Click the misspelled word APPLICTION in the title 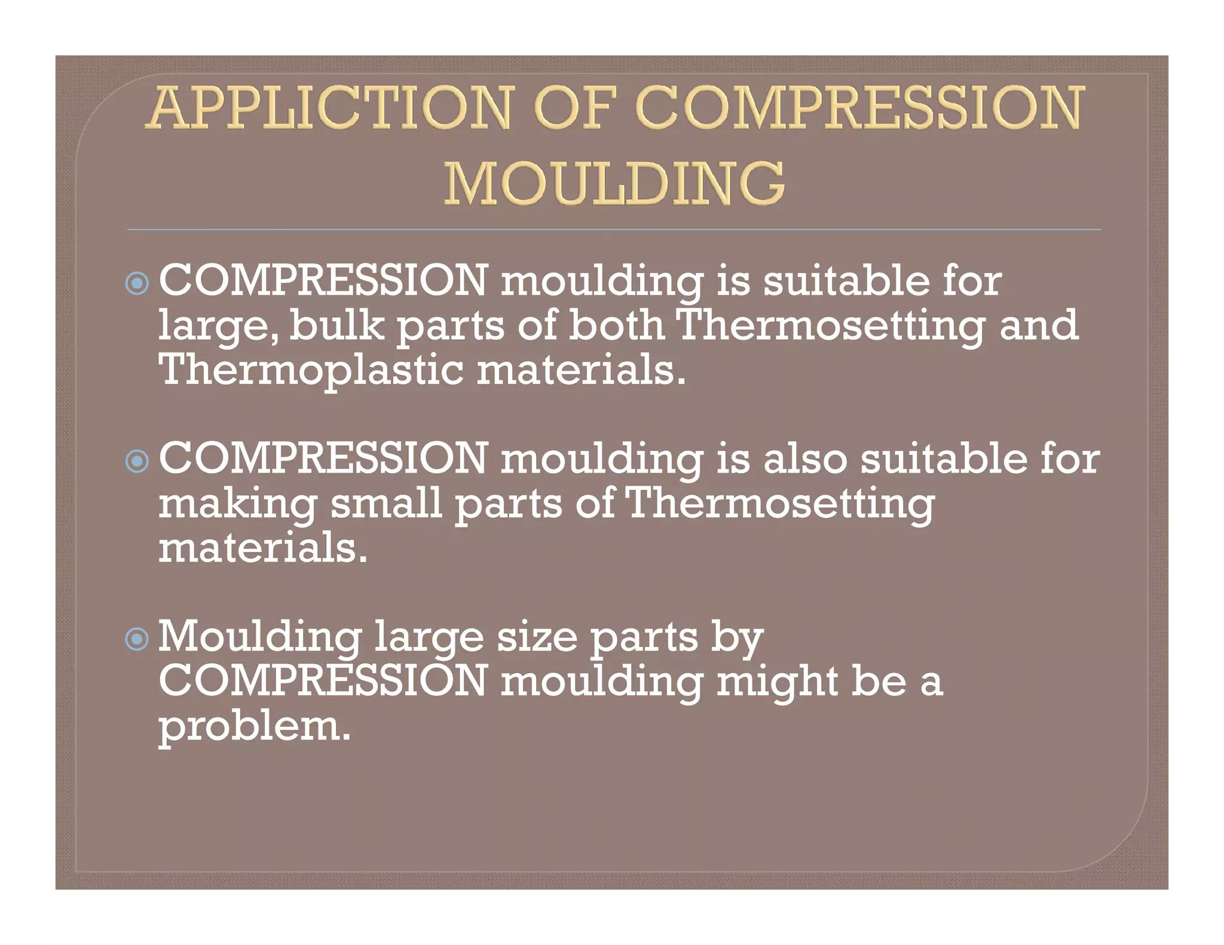point(329,108)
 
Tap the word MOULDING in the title point(614,183)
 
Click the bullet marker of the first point point(137,283)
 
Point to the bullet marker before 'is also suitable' point(137,461)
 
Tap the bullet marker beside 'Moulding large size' point(137,639)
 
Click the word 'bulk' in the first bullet point(337,326)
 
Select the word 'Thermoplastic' point(311,369)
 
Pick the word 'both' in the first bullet point(616,326)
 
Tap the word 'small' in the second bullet point(386,503)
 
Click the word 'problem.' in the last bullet point(254,728)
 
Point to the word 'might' point(777,682)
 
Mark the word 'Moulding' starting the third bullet point(260,637)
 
